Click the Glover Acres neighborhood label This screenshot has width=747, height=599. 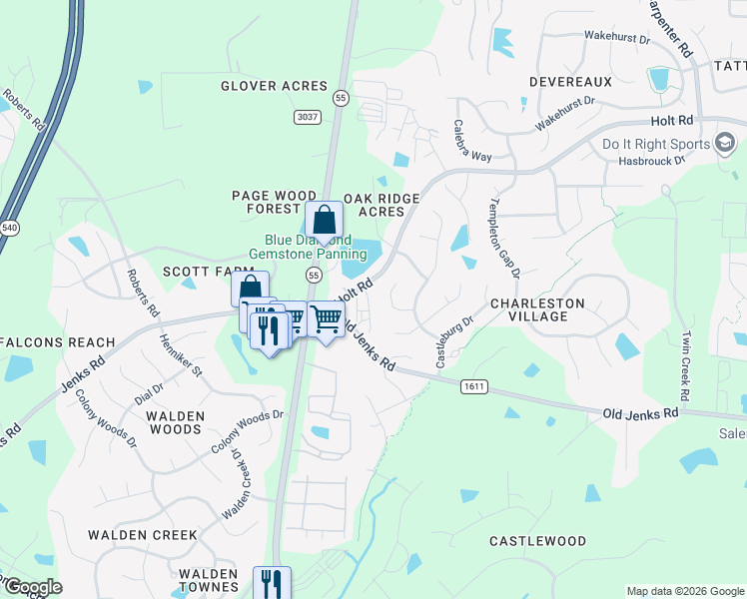point(275,86)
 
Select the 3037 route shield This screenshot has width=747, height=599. point(308,117)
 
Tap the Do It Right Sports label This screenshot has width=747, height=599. point(654,144)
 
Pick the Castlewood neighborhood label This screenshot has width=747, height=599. point(537,541)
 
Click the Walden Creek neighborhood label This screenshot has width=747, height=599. point(143,535)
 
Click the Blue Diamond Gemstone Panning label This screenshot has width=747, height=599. point(308,248)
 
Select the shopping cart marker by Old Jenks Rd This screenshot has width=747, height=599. point(326,320)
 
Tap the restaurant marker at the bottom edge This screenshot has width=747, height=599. point(271,583)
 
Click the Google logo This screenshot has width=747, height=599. point(32,587)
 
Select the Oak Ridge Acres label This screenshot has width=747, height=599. point(381,205)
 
